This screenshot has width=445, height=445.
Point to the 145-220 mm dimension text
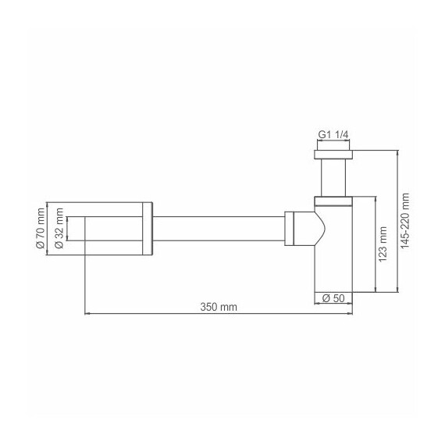point(404,219)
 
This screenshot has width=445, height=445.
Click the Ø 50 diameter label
point(333,297)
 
